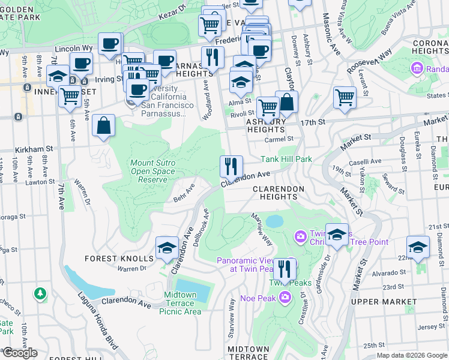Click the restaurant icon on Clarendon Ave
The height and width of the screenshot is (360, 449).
click(231, 166)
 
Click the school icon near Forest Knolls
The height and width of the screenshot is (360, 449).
click(166, 248)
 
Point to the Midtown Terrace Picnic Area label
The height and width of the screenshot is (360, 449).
click(184, 303)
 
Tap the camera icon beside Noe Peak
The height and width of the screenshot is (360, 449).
click(285, 296)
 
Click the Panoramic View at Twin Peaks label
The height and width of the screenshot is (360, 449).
click(255, 265)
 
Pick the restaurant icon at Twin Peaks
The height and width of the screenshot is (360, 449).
click(285, 268)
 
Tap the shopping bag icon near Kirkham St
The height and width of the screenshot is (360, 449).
click(104, 126)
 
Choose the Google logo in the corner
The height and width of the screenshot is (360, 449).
click(19, 353)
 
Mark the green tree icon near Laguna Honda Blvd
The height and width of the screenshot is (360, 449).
click(40, 293)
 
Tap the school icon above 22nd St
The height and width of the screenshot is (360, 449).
click(418, 247)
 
